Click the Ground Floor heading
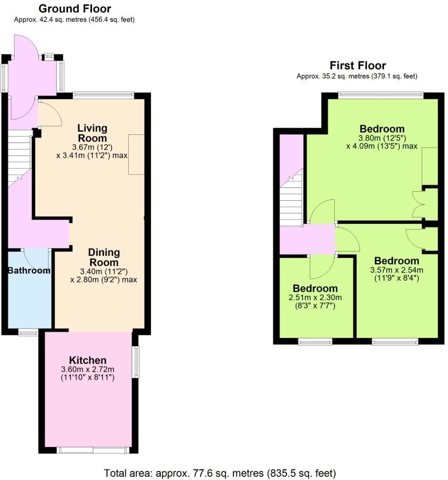(75, 9)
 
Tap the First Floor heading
(358, 66)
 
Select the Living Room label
(92, 133)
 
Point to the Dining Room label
(103, 258)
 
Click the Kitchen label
(88, 360)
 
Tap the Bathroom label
(29, 271)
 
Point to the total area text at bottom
(220, 473)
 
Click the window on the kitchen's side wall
(135, 361)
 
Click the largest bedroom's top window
(381, 95)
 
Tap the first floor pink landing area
(307, 240)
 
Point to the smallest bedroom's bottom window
(315, 342)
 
